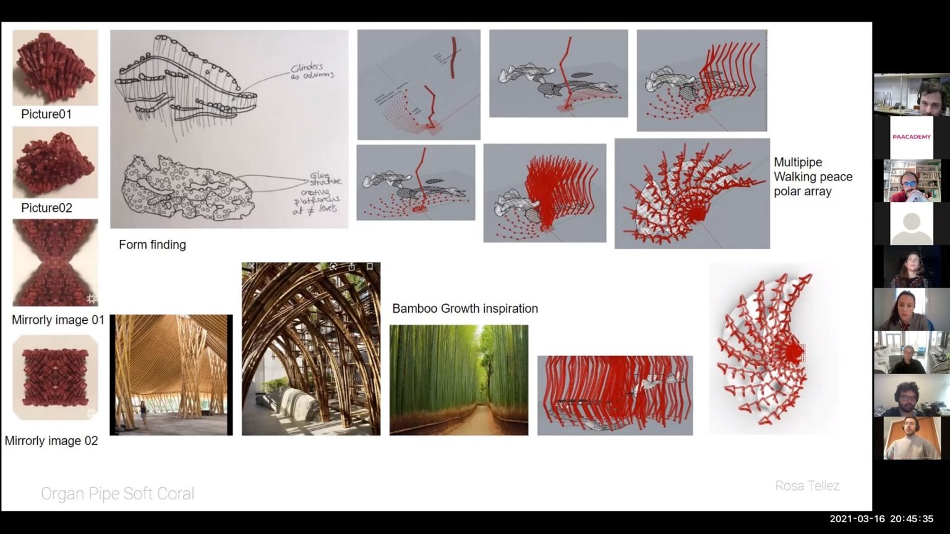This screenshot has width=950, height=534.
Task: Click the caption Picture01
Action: coord(46,114)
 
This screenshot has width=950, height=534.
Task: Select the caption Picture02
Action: coord(46,208)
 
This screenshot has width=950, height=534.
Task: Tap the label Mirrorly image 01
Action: coord(58,320)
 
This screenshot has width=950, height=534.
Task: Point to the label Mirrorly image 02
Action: coord(51,441)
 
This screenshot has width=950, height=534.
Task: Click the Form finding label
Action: coord(152,245)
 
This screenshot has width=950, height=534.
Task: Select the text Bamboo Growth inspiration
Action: coord(464,308)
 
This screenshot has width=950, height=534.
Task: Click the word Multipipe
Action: coord(798,163)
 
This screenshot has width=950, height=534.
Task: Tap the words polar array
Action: coord(802,192)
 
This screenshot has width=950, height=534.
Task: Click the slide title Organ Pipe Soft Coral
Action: coord(118,493)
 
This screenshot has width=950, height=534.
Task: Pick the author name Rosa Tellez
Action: coord(807,486)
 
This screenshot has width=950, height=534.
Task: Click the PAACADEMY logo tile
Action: coord(911,137)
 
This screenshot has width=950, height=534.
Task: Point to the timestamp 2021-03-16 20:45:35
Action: coord(881,519)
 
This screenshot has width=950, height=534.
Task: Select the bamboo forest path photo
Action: coord(458,380)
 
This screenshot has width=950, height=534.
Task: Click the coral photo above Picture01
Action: coord(55,67)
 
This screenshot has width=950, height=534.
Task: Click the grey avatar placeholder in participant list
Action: coord(911,224)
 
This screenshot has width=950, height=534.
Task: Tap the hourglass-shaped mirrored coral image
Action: coord(55,263)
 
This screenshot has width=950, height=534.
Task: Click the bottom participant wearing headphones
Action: coord(911,438)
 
